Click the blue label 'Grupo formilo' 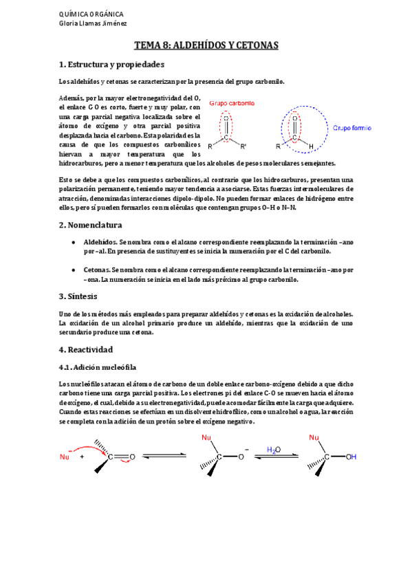(353, 128)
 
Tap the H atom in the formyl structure (312, 146)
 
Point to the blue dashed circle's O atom (296, 117)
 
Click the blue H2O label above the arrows (274, 450)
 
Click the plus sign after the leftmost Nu (83, 456)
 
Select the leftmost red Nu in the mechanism (65, 456)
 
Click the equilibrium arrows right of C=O (164, 455)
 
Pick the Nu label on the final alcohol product (316, 437)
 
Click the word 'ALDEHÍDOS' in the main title (199, 45)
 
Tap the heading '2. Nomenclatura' (90, 225)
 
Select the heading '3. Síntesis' (78, 296)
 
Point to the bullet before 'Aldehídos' (74, 243)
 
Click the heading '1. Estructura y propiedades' (112, 65)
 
